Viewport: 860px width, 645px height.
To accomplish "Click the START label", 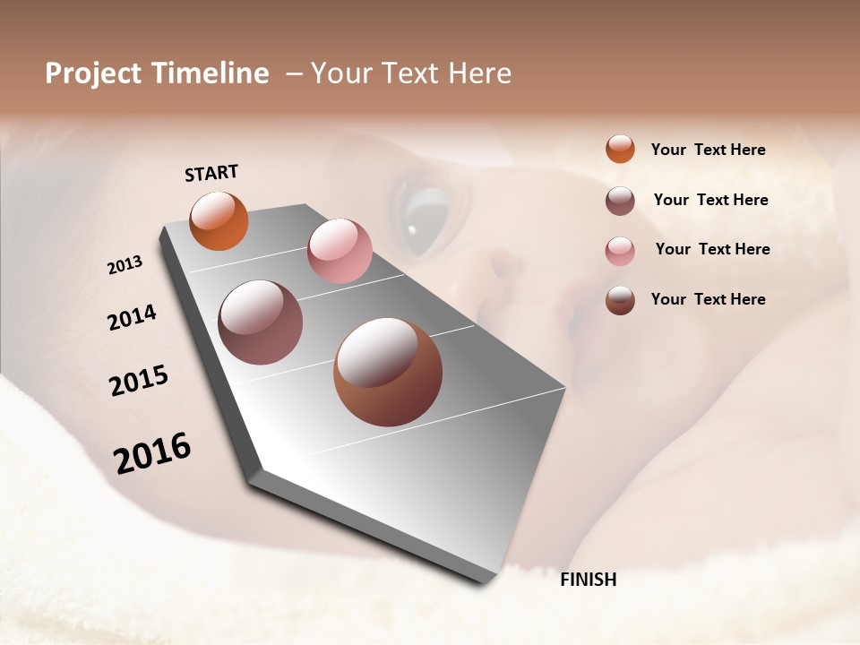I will tap(211, 173).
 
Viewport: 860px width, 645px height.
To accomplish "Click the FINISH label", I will tap(588, 580).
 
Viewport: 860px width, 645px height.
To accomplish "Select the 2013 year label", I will tap(125, 265).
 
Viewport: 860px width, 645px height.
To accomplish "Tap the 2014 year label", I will tap(132, 318).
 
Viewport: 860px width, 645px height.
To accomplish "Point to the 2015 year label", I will tap(139, 381).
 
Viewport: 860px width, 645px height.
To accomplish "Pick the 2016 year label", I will tap(152, 453).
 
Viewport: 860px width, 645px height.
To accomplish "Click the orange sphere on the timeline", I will tap(219, 220).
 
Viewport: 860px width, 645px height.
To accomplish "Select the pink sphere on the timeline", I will tap(340, 251).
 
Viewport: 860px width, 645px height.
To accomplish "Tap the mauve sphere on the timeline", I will tap(260, 322).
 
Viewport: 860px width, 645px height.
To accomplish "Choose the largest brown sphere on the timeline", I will tap(387, 372).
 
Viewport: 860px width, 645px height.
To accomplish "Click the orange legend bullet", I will tap(620, 149).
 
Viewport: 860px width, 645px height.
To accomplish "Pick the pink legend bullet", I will tap(620, 251).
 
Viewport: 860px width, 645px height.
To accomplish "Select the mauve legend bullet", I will tap(620, 201).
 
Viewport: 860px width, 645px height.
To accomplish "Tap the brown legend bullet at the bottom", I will tap(620, 300).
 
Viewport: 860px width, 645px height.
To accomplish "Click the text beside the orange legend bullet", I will tap(708, 150).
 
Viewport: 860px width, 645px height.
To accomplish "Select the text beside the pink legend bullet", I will tap(712, 249).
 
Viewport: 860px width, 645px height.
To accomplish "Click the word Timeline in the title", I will tap(211, 73).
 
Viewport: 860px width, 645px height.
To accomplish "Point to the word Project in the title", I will tap(94, 73).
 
